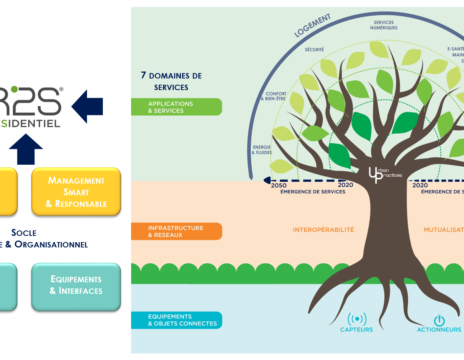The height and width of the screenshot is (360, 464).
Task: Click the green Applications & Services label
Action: tap(176, 107)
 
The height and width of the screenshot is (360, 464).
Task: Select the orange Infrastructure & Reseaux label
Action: tap(176, 231)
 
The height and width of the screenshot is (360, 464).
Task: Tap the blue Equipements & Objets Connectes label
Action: tap(176, 320)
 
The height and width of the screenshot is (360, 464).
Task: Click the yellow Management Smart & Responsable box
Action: tap(76, 192)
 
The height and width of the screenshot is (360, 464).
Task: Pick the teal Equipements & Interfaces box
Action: tap(76, 285)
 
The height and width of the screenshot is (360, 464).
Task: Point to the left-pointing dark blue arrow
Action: tap(87, 106)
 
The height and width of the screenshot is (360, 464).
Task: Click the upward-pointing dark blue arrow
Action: tap(26, 149)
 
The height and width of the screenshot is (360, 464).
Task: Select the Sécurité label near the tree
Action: tap(314, 49)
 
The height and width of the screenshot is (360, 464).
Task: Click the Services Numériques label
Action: tap(384, 25)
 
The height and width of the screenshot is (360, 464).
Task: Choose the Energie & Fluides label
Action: tap(262, 150)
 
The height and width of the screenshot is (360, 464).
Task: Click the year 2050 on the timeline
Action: tap(279, 185)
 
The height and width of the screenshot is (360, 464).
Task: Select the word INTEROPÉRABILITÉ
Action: tap(323, 230)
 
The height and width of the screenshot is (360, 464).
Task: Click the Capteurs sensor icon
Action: tap(357, 319)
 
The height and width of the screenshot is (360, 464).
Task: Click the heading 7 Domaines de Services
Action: tap(171, 81)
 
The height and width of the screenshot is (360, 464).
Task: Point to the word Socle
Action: tap(24, 233)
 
